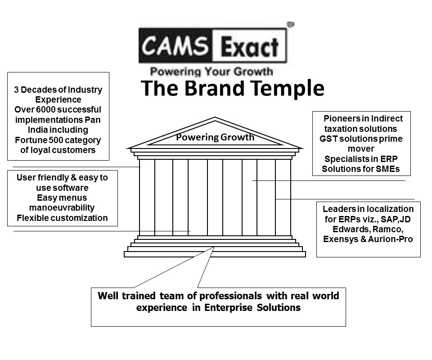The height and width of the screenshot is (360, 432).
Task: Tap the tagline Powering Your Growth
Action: (211, 71)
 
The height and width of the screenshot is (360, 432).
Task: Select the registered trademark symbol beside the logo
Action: (290, 25)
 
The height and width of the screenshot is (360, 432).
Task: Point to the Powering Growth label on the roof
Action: (215, 137)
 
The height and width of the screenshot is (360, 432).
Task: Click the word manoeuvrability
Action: (62, 208)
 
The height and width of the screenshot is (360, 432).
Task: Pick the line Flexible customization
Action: (62, 218)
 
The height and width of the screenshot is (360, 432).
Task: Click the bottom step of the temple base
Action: (215, 254)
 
